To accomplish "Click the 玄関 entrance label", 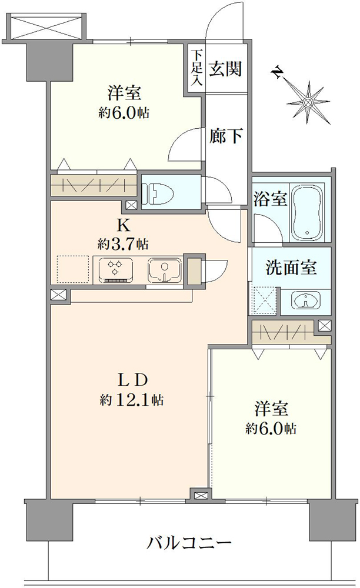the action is [x=225, y=69].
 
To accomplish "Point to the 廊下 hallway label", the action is [x=225, y=136].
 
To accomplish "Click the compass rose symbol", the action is [x=308, y=102].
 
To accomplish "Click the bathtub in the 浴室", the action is [x=308, y=212].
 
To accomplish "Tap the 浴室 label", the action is [x=270, y=199].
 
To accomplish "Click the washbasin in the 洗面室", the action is [x=306, y=301].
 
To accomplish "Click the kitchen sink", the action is [x=165, y=270].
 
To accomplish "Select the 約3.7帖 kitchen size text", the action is [x=122, y=245].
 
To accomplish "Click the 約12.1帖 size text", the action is [x=131, y=400].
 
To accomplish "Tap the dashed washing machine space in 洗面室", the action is [x=264, y=301].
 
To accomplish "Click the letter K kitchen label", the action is [x=124, y=226].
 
